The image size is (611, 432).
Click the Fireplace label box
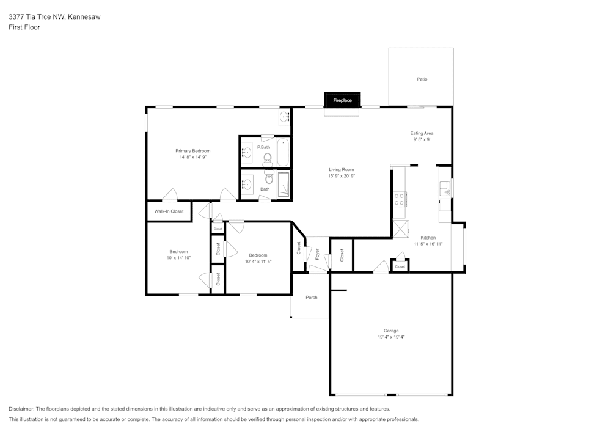coord(342,100)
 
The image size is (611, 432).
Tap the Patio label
coord(422,79)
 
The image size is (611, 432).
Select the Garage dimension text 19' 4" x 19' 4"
coord(391,337)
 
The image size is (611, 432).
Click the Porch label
coord(312,298)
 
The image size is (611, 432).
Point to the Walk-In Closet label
coord(169,211)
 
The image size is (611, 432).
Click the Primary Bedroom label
coord(193,151)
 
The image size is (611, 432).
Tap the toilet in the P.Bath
coord(267,159)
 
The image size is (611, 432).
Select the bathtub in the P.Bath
coord(282,153)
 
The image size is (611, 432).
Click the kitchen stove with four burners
coord(400,199)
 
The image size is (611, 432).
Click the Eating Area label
coord(422,133)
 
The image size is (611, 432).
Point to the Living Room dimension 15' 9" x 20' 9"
coord(342,176)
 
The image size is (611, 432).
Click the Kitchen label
coord(428,238)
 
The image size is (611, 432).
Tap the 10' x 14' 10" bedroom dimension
coord(178,258)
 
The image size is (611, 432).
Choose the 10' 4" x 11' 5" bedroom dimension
coord(258,262)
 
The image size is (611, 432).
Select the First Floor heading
coord(24,27)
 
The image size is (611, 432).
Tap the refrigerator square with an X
coord(400,229)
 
